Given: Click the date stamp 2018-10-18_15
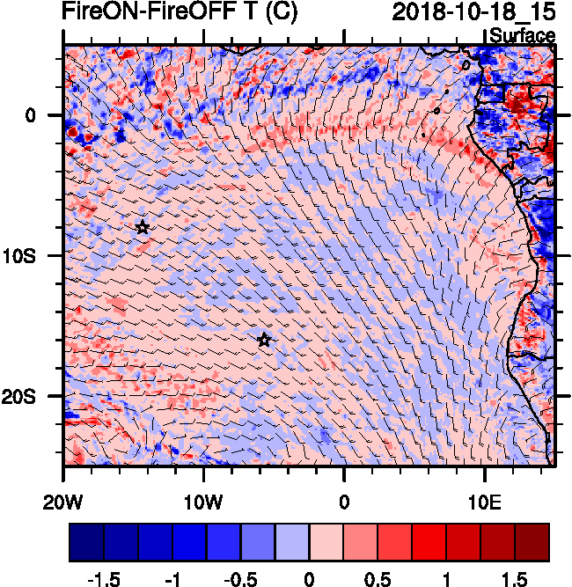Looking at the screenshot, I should click(x=473, y=12).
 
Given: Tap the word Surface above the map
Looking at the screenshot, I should click(x=522, y=36).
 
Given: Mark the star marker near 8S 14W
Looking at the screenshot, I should click(x=143, y=227).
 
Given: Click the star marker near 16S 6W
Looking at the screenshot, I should click(x=264, y=340).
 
